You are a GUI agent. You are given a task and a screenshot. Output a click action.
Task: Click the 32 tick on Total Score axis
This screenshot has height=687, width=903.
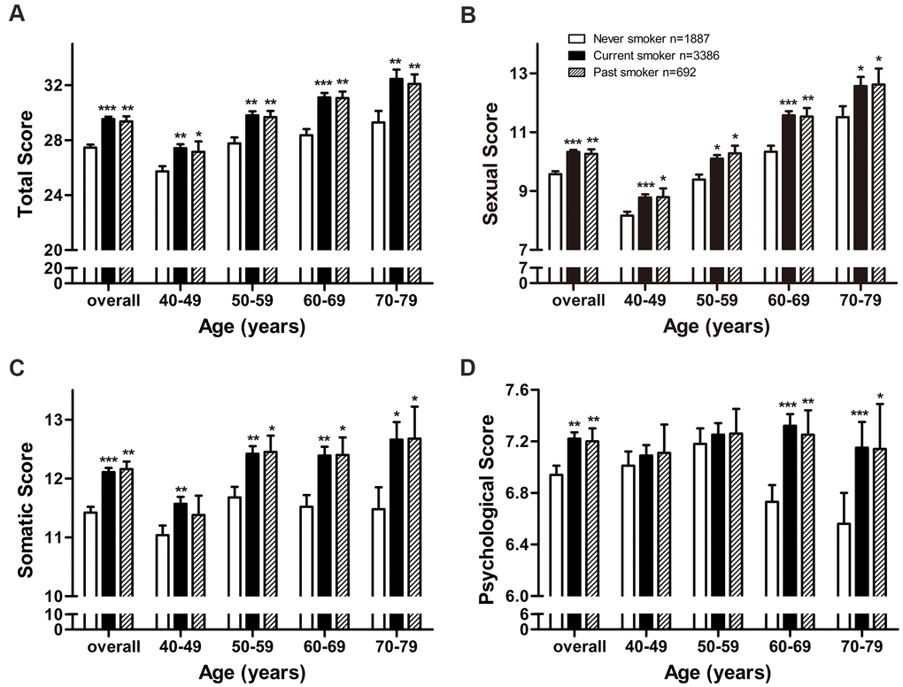57,86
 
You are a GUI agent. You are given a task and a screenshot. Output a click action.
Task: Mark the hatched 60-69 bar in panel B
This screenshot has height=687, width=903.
807,182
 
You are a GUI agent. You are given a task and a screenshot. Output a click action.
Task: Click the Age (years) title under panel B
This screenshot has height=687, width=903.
716,327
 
